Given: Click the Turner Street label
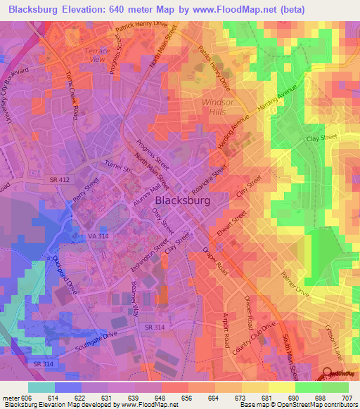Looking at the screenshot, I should click(118, 167).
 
